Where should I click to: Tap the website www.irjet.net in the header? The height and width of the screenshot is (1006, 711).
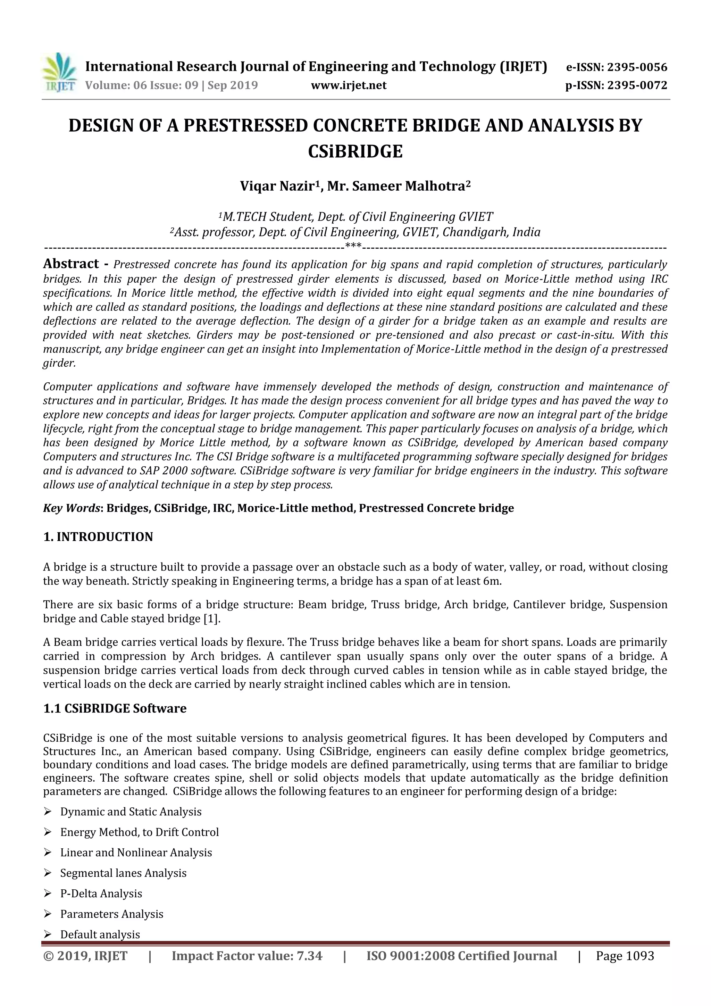349,85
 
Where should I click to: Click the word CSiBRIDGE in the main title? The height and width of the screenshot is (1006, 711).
355,152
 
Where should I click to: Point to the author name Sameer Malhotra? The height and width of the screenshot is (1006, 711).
408,186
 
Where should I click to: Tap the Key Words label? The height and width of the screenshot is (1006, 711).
72,508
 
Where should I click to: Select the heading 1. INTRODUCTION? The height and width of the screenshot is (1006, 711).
98,537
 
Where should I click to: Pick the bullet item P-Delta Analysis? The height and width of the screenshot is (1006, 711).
101,893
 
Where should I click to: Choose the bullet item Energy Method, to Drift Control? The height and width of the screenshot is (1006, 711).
139,832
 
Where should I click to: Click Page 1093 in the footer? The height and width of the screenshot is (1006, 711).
625,956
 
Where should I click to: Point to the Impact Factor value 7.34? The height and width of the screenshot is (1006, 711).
309,956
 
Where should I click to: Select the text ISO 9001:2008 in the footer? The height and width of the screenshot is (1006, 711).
410,956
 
